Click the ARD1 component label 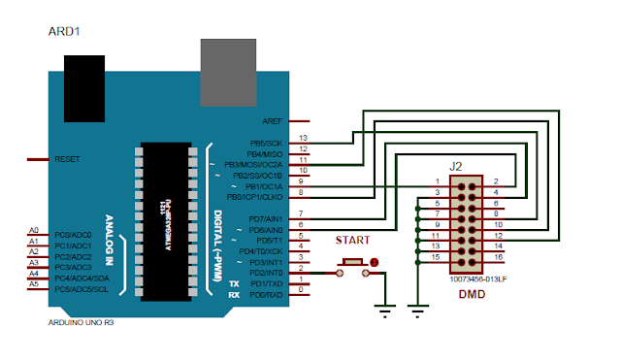[63, 32]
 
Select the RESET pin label [68, 158]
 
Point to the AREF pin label [273, 121]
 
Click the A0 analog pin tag [34, 230]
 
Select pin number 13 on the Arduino [304, 139]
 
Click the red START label [351, 240]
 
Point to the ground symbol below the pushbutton [385, 311]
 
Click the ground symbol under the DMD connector [417, 311]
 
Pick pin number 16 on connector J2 [498, 257]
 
